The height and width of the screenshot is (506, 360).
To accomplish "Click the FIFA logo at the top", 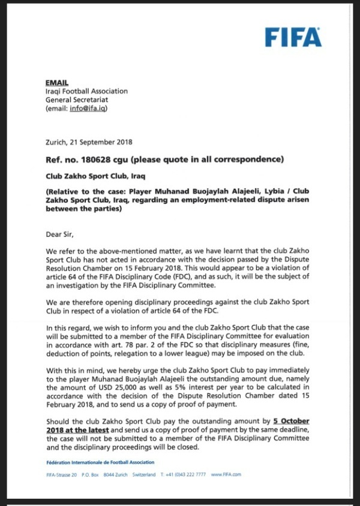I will tap(293, 37).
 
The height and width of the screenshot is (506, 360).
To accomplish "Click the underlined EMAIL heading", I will tap(57, 82).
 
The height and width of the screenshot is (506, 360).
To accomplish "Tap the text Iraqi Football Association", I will tap(86, 91).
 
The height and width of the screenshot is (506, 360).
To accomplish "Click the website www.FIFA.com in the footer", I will tap(226, 474).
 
